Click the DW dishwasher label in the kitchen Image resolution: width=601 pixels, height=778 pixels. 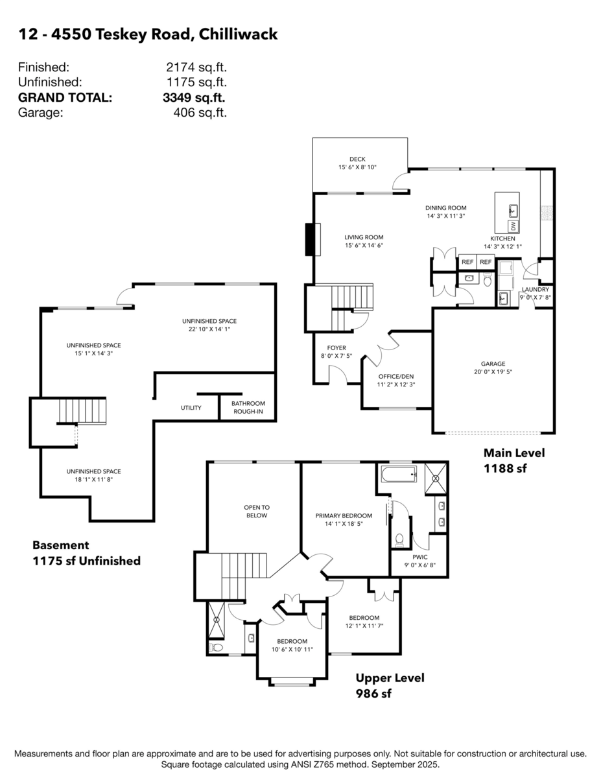[x=513, y=226]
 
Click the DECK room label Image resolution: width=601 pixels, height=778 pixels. [x=357, y=158]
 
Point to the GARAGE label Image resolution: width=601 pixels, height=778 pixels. [x=493, y=364]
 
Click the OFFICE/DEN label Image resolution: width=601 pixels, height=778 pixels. [x=395, y=376]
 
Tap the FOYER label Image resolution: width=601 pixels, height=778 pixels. [x=336, y=348]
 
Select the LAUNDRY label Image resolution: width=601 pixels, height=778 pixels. [x=536, y=289]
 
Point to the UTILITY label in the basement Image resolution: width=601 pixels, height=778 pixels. [x=191, y=407]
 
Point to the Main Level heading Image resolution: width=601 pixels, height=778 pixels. [x=514, y=453]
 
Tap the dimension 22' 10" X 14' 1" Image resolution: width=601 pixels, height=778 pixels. [x=209, y=329]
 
